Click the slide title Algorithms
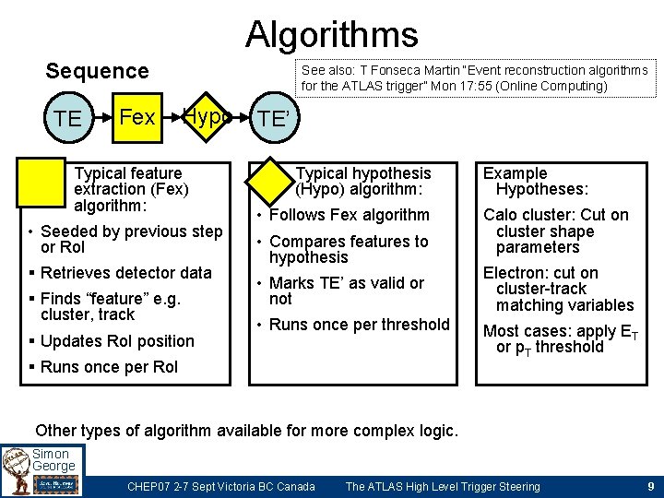click(x=331, y=35)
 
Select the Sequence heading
click(x=97, y=71)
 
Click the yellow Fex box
click(x=137, y=118)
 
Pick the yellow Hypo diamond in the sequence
click(x=207, y=117)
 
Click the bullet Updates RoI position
click(x=117, y=341)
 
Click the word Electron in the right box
click(x=513, y=273)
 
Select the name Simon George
click(x=53, y=460)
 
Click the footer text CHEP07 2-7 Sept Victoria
click(x=220, y=486)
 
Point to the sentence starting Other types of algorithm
click(x=245, y=431)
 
